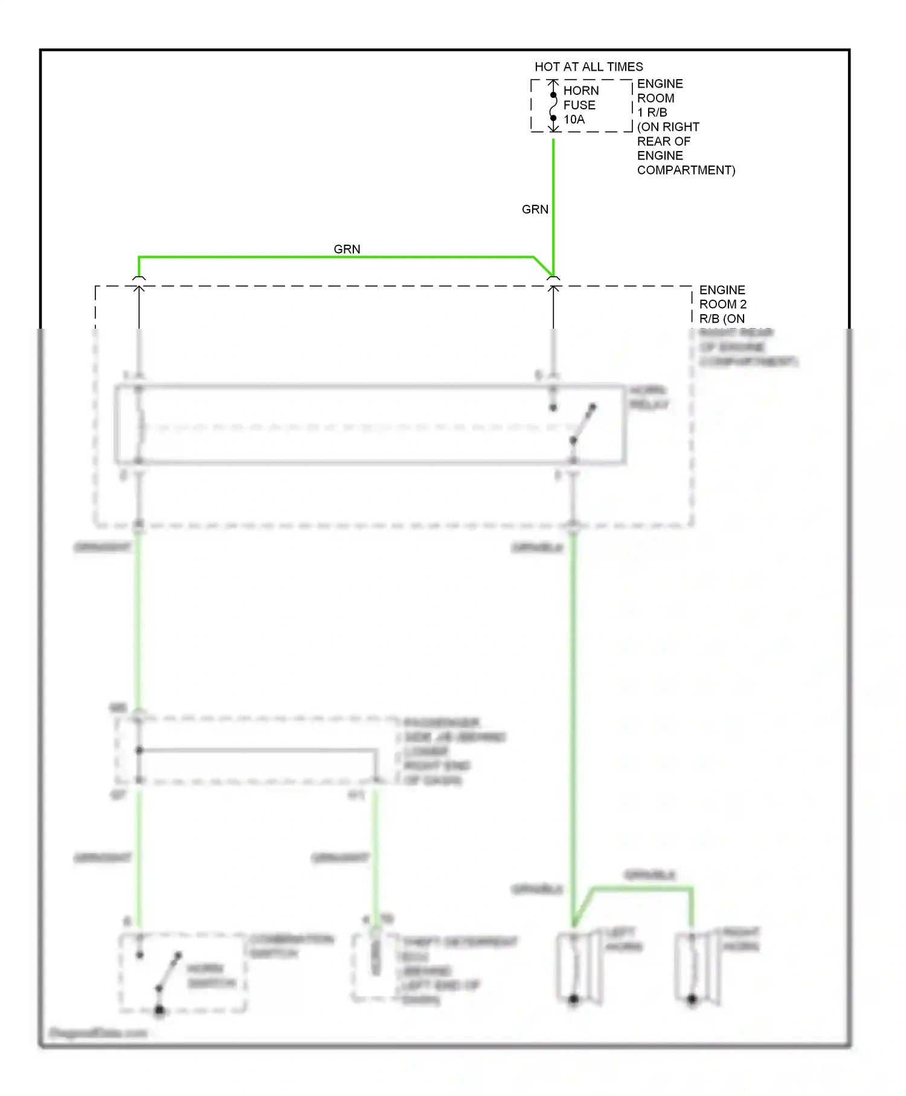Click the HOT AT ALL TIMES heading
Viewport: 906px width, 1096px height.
[x=588, y=66]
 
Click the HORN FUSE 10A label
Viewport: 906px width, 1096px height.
[x=580, y=105]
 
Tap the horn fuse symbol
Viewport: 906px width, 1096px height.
[x=553, y=106]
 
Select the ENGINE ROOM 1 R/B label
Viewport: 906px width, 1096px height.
[x=660, y=98]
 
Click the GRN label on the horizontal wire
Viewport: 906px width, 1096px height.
[x=347, y=249]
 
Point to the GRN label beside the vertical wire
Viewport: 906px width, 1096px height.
[x=535, y=209]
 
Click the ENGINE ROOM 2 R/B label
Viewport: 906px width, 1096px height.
[x=722, y=304]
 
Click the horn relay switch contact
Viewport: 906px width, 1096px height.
[x=583, y=424]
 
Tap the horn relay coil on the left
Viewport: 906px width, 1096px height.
[x=140, y=425]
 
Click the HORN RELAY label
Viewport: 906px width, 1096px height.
[x=649, y=397]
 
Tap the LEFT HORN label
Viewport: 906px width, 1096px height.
[x=623, y=940]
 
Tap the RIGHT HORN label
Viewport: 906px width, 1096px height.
[x=741, y=940]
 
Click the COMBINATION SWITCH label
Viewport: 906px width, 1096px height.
[x=291, y=946]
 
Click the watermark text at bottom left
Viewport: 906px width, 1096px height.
[x=98, y=1033]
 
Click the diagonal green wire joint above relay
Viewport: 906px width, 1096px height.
[x=544, y=266]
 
